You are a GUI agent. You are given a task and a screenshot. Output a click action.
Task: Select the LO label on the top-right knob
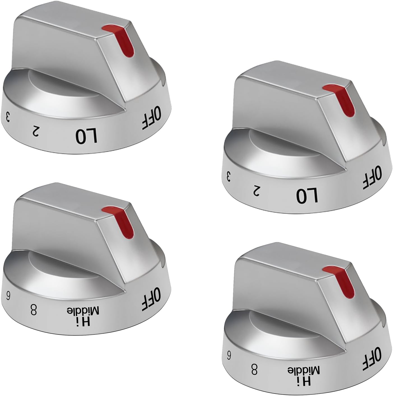(307, 195)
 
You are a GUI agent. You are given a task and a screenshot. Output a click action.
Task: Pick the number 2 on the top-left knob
(36, 130)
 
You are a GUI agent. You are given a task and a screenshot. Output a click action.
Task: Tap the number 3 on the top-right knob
(228, 176)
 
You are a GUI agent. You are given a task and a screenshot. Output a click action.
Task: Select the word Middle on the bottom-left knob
(83, 311)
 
